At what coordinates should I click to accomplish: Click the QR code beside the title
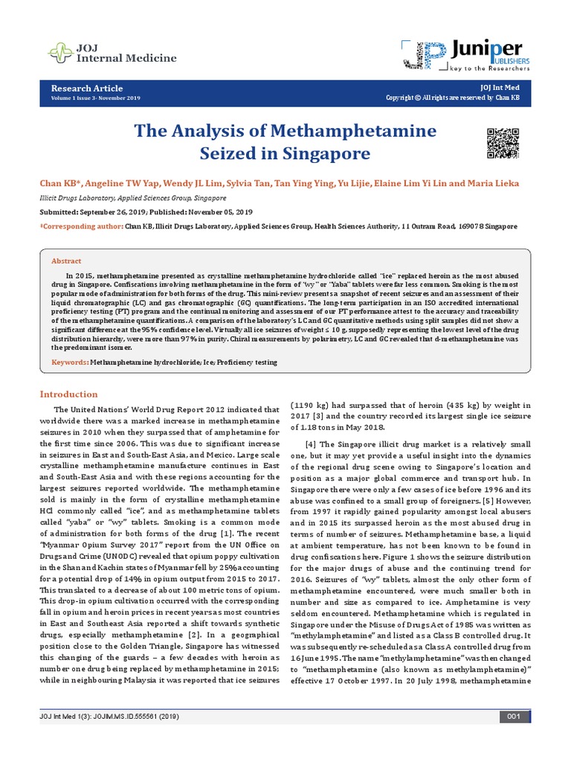(x=502, y=143)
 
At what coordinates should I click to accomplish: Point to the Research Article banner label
(x=87, y=88)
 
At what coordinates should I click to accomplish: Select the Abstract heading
(x=65, y=261)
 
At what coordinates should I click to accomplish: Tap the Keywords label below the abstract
(x=68, y=362)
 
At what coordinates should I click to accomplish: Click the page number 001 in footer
(x=513, y=737)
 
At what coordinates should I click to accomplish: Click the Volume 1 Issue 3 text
(x=94, y=98)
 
